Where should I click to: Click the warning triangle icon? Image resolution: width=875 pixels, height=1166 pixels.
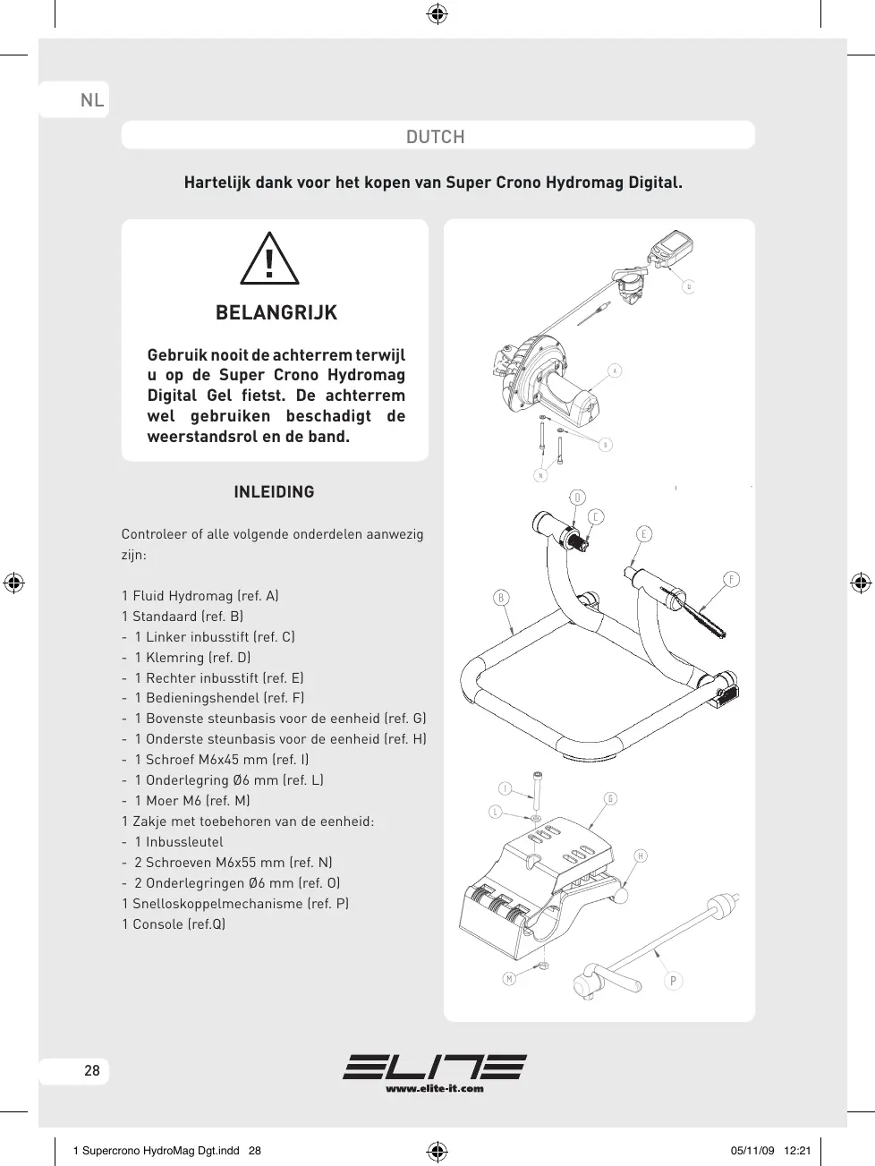click(269, 260)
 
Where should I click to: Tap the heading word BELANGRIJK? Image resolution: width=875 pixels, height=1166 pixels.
click(276, 313)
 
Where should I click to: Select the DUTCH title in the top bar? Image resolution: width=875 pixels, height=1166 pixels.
click(436, 137)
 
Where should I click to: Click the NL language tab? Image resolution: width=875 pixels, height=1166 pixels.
click(92, 99)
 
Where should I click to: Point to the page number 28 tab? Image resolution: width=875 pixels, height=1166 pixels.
click(91, 1070)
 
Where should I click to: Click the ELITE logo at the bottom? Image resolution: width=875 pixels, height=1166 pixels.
click(435, 1067)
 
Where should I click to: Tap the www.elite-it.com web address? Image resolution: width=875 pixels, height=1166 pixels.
click(435, 1088)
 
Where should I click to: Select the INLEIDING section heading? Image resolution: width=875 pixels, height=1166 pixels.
click(274, 492)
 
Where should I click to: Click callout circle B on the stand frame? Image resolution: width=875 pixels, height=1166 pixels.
click(501, 598)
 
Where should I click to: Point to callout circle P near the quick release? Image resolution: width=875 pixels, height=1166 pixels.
click(674, 981)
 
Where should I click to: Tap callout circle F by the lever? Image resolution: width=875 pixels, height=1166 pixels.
click(732, 580)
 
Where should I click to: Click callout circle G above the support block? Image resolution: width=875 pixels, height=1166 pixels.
click(610, 799)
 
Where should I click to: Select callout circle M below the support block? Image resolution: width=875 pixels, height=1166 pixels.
click(509, 979)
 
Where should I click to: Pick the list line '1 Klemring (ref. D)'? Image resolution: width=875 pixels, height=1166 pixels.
click(192, 658)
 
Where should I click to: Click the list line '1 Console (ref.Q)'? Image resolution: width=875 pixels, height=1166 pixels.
click(174, 924)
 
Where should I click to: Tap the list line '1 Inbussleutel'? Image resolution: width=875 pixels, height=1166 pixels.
click(179, 842)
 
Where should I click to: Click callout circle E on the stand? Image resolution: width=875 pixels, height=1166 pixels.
click(644, 534)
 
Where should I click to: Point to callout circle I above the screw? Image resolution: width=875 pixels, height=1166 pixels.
click(505, 788)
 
